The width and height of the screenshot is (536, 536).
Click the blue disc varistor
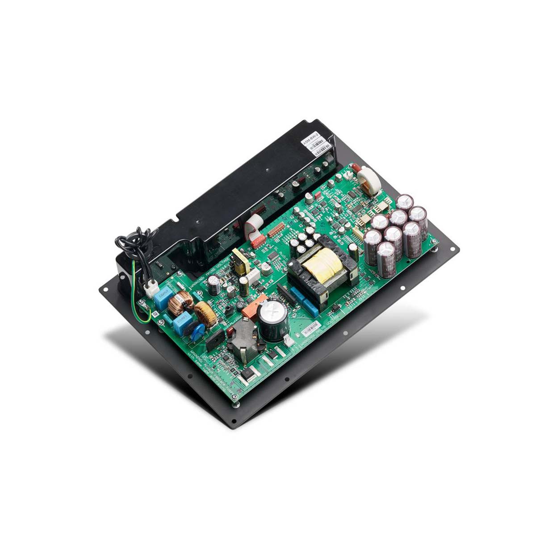[x=197, y=331]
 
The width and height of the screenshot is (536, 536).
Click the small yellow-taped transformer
[x=241, y=260]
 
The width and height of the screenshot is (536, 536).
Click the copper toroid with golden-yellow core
[x=205, y=313]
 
